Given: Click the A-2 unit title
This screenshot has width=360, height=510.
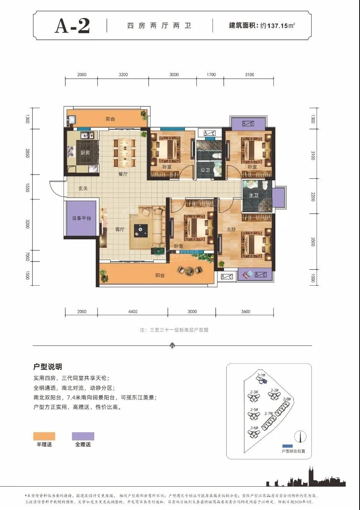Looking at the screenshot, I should [x=72, y=26].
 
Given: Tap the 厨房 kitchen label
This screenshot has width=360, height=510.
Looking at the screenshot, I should [x=85, y=152].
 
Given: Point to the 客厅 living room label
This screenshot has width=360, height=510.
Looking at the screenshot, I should [x=120, y=230].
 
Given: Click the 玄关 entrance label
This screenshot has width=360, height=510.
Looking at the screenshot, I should [x=83, y=188].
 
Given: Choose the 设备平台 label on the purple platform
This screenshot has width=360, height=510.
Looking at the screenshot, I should [x=82, y=218].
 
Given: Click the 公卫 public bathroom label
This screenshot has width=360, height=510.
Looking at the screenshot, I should [x=205, y=170].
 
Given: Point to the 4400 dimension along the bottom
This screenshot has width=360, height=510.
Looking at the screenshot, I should [x=133, y=312].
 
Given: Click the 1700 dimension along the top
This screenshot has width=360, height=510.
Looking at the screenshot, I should [x=211, y=75].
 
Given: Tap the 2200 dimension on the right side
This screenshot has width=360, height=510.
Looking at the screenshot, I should [x=313, y=198].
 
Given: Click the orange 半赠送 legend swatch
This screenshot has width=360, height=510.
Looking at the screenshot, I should [x=44, y=436].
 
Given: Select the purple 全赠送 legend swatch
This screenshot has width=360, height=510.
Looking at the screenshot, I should [x=83, y=436].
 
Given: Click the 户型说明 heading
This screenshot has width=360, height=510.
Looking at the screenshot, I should [x=48, y=367].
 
